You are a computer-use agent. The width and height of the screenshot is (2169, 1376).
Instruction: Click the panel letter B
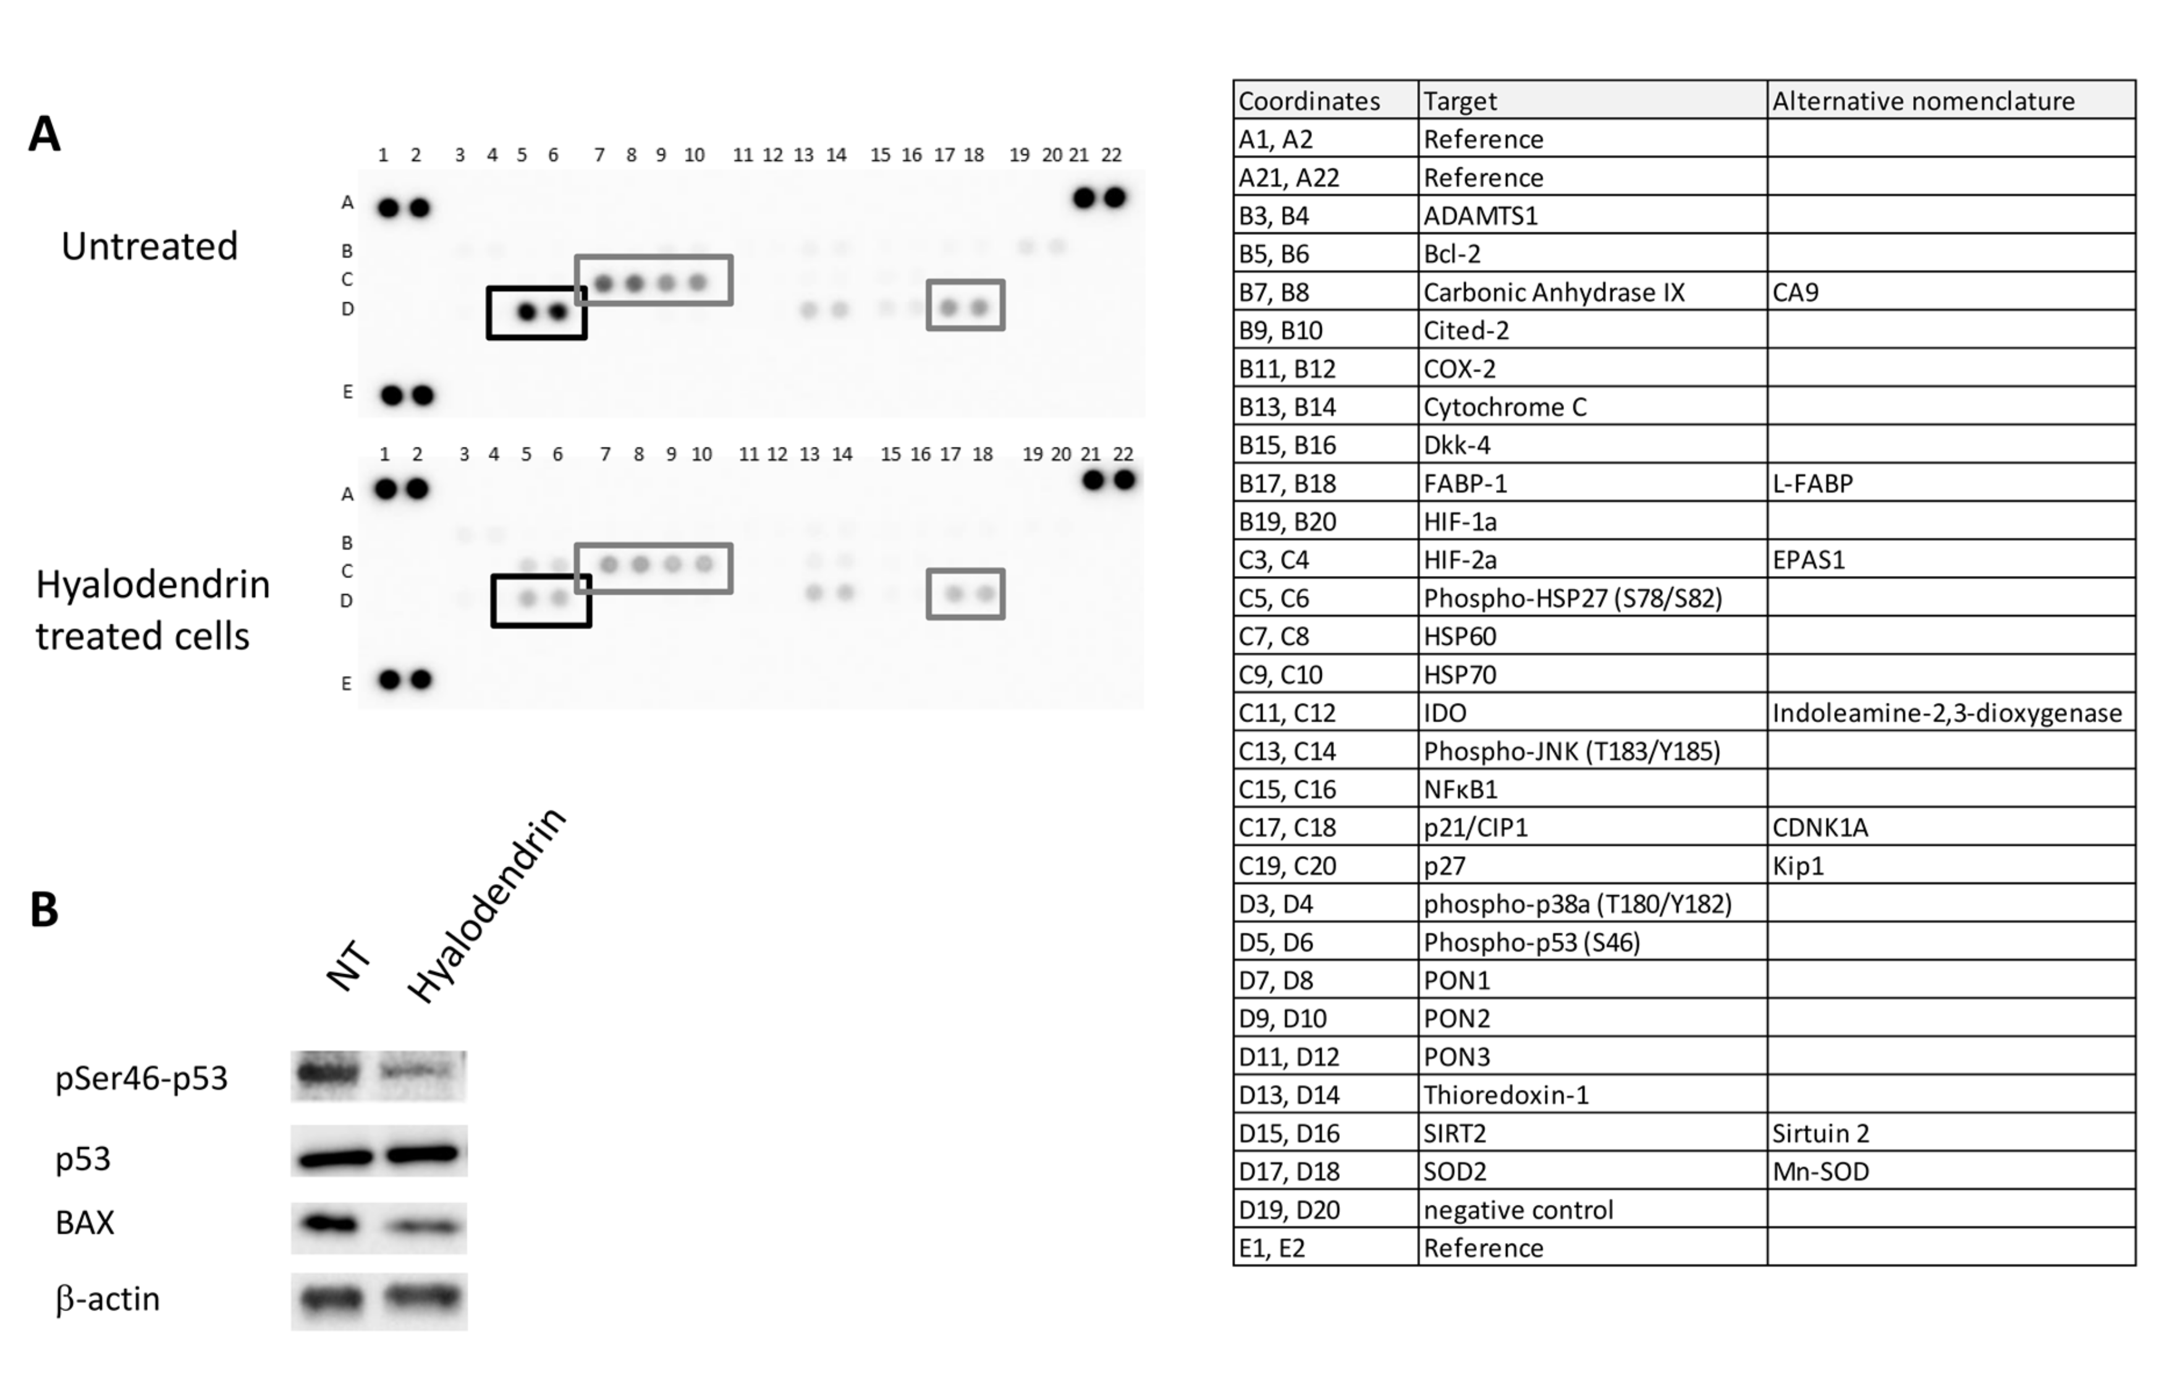[44, 910]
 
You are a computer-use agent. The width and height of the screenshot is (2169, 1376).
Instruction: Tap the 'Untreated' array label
[150, 246]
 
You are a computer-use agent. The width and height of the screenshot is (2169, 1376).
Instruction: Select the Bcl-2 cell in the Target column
[1452, 254]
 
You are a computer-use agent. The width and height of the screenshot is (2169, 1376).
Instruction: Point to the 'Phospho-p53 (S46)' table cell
[1531, 943]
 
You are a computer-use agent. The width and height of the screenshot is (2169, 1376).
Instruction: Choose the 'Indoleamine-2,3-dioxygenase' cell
[1947, 713]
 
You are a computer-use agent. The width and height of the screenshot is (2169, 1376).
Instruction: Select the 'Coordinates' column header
[1309, 101]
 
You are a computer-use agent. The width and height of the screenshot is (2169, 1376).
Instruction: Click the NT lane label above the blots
[350, 966]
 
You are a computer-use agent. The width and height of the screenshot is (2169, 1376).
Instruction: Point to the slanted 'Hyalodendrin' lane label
[486, 904]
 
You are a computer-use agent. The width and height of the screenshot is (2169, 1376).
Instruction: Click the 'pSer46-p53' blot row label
[142, 1077]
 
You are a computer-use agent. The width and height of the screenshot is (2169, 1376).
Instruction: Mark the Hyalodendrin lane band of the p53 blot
[423, 1152]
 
